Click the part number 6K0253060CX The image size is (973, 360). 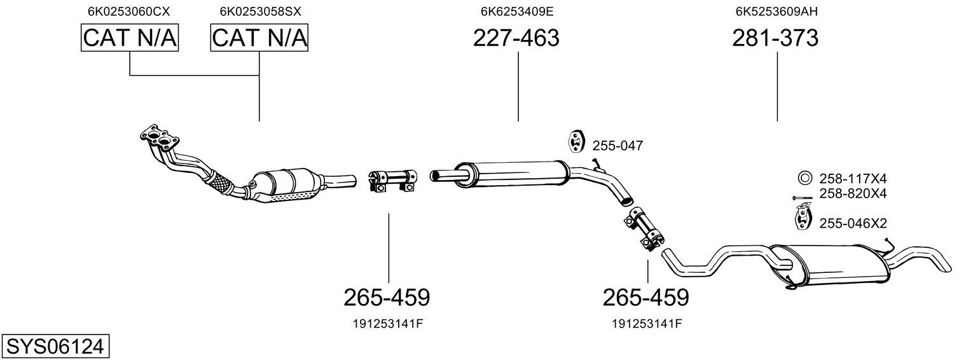pyautogui.click(x=129, y=11)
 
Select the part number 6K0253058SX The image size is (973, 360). pyautogui.click(x=260, y=11)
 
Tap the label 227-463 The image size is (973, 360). pyautogui.click(x=516, y=38)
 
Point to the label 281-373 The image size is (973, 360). pyautogui.click(x=775, y=38)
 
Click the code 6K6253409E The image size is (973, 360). pyautogui.click(x=517, y=11)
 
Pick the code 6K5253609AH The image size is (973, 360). pyautogui.click(x=776, y=11)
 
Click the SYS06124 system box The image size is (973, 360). pyautogui.click(x=55, y=347)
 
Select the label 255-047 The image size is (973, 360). pyautogui.click(x=618, y=146)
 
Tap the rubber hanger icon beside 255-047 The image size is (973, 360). pyautogui.click(x=576, y=141)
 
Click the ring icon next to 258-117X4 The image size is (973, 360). pyautogui.click(x=804, y=178)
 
